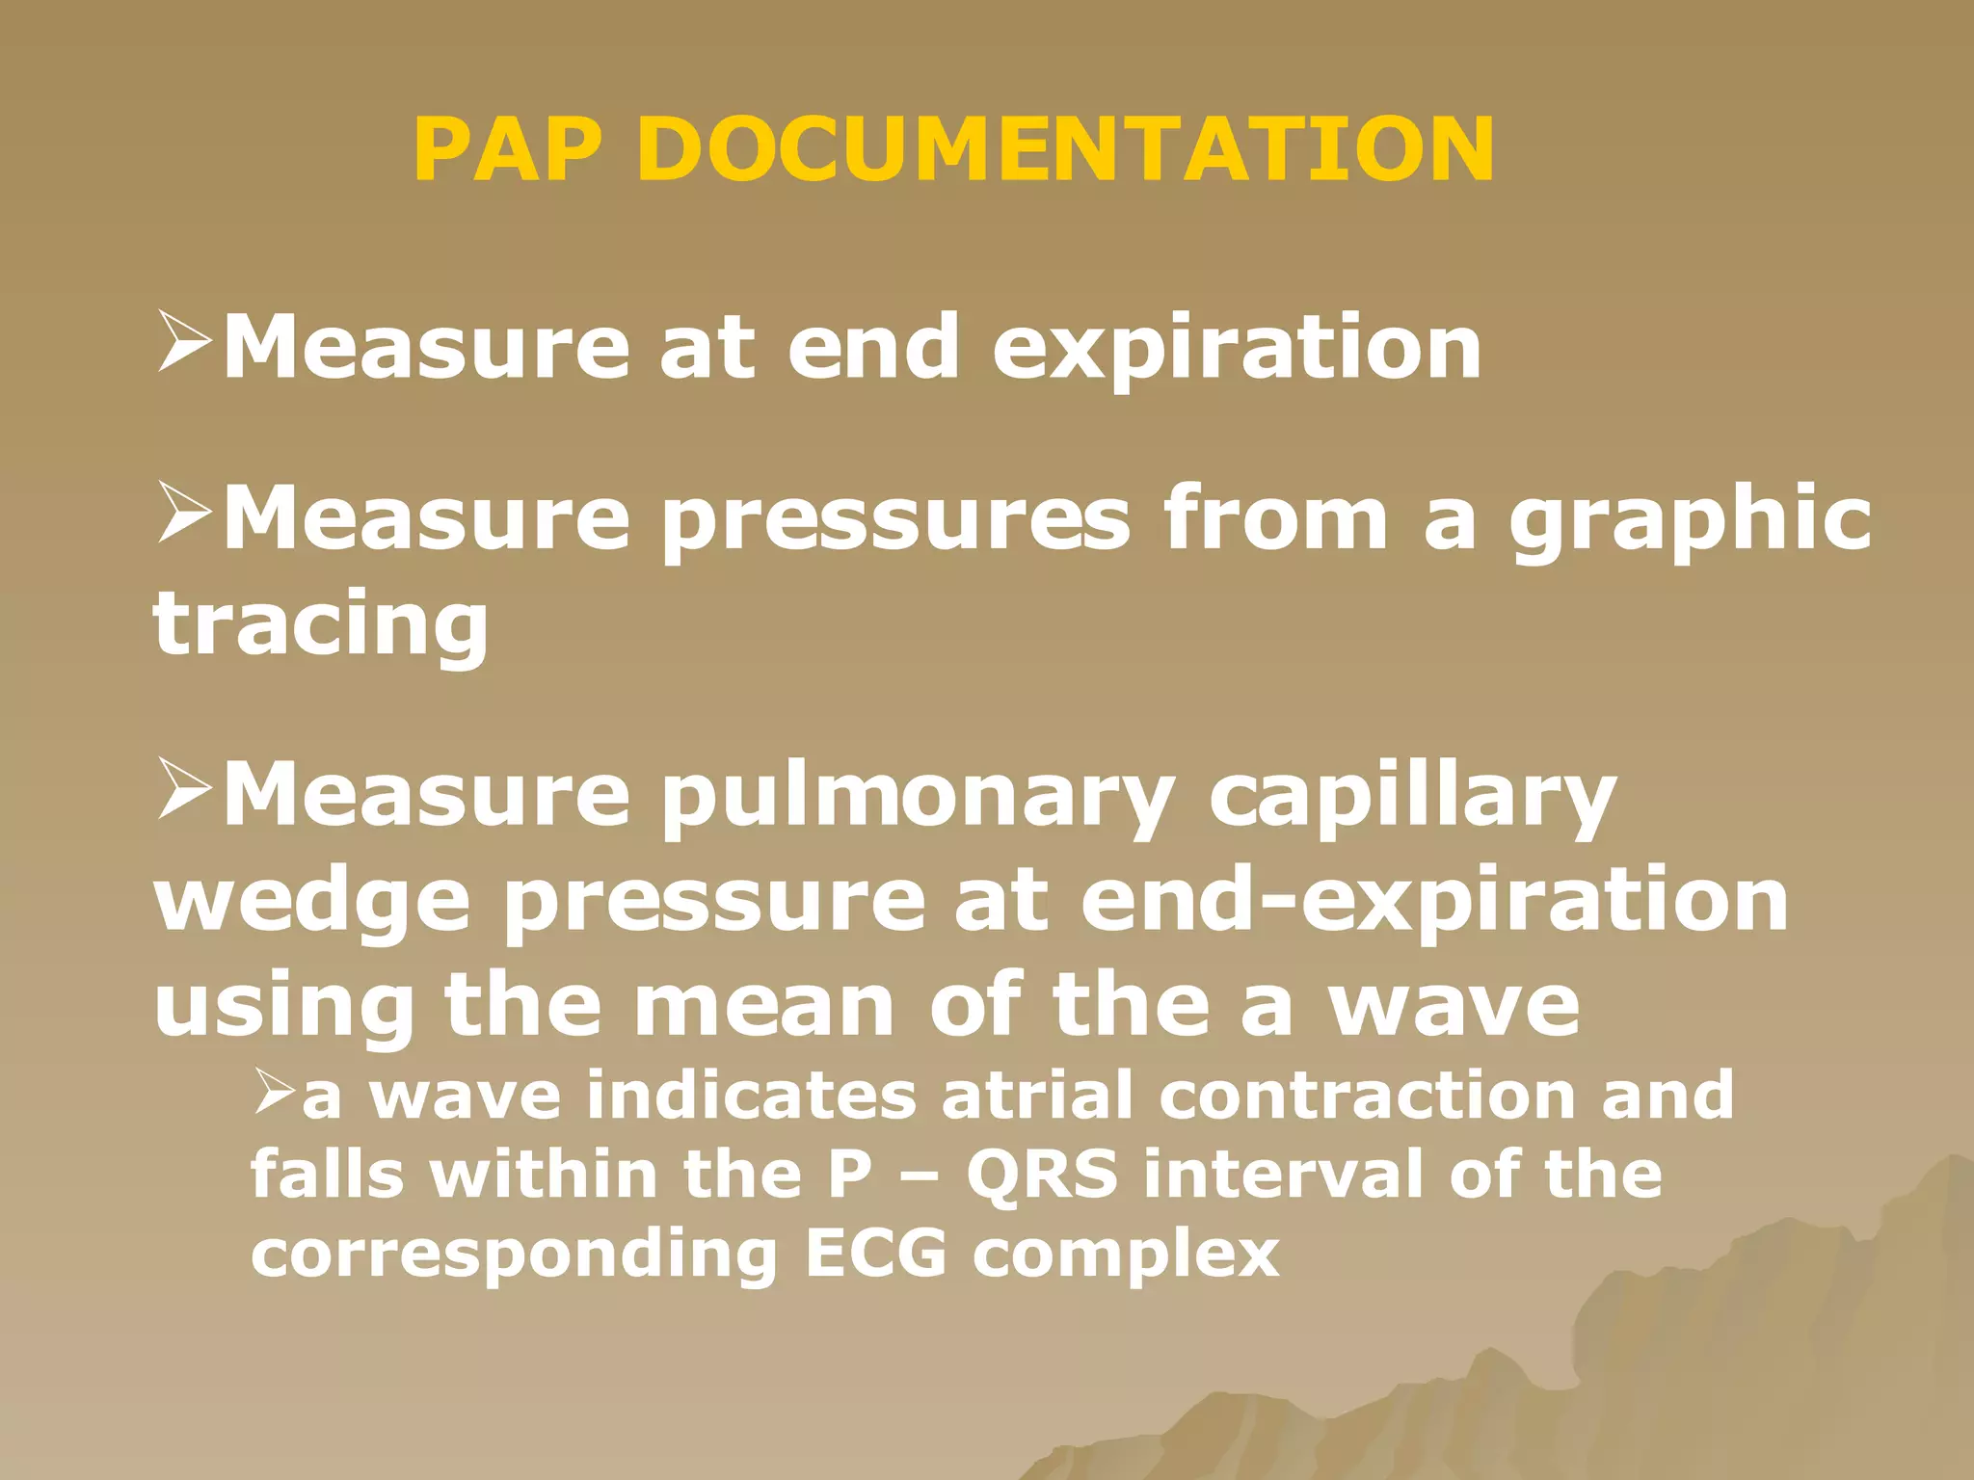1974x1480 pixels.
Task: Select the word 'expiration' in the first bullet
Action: point(1237,349)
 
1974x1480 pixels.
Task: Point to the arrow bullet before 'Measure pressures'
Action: point(184,513)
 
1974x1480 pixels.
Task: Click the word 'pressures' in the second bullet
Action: point(895,521)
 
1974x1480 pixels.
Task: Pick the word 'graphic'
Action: point(1690,521)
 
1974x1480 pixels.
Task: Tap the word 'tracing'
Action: point(321,625)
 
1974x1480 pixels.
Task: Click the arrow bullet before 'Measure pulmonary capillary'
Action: point(184,789)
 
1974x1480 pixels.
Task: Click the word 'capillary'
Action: point(1412,798)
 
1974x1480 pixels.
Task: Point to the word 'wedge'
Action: point(312,902)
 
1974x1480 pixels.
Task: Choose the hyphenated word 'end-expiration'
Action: point(1434,902)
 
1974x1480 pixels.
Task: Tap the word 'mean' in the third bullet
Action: point(764,1006)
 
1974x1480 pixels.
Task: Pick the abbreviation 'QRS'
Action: point(1042,1175)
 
